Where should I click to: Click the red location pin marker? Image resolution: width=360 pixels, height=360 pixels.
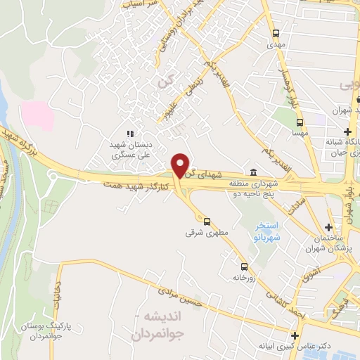181,165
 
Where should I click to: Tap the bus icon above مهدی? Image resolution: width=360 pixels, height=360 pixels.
276,32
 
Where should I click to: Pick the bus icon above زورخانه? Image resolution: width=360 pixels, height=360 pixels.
245,266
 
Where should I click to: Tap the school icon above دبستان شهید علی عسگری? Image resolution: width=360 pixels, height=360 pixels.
129,133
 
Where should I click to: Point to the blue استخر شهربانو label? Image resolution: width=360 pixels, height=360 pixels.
267,232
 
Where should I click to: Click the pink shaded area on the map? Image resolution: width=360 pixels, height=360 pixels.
36,115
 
